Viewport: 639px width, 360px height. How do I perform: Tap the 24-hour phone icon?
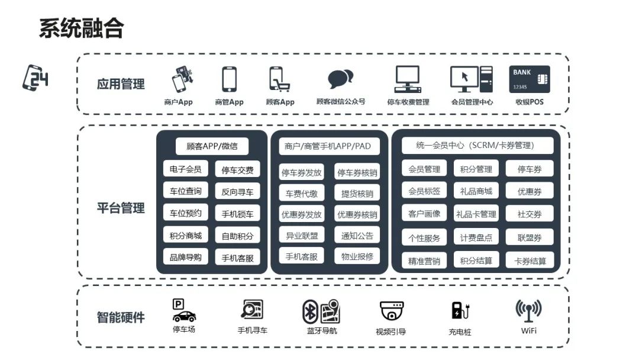pyautogui.click(x=35, y=78)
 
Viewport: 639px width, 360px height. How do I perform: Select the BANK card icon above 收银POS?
pyautogui.click(x=529, y=79)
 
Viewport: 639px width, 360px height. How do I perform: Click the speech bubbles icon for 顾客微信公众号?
pyautogui.click(x=341, y=79)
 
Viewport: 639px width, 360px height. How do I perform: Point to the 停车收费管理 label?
pyautogui.click(x=408, y=102)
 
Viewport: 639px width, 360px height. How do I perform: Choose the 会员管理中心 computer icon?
pyautogui.click(x=472, y=79)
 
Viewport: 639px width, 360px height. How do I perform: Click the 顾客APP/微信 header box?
pyautogui.click(x=212, y=146)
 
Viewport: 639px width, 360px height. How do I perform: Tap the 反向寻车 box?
pyautogui.click(x=237, y=191)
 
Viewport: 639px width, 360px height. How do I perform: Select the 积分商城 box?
pyautogui.click(x=186, y=235)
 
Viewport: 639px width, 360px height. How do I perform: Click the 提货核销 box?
pyautogui.click(x=357, y=194)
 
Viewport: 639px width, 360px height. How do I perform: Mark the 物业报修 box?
pyautogui.click(x=357, y=256)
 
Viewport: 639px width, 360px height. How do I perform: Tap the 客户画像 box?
pyautogui.click(x=424, y=214)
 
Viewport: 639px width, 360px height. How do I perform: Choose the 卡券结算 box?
pyautogui.click(x=530, y=261)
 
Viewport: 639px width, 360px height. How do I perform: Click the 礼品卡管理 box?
pyautogui.click(x=476, y=214)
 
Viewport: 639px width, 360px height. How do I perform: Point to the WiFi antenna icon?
pyautogui.click(x=528, y=310)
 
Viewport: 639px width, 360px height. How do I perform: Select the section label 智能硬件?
pyautogui.click(x=121, y=317)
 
